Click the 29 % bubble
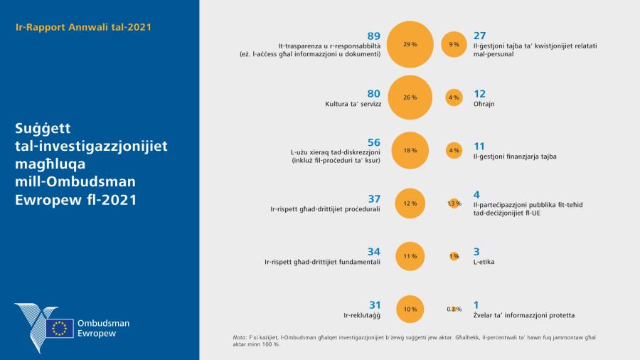(410, 44)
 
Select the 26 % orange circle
(410, 97)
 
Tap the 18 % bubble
(410, 151)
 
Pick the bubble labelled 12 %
(410, 203)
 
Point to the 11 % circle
(410, 256)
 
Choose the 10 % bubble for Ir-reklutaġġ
(410, 309)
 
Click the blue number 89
(373, 36)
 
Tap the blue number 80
(373, 93)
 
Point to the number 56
(373, 142)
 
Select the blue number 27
(479, 36)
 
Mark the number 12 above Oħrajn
(479, 93)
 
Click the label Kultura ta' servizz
(353, 104)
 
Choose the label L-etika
(484, 262)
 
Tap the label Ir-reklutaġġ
(363, 314)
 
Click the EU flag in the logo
(60, 328)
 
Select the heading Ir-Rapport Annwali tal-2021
(83, 27)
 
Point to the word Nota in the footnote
(240, 337)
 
